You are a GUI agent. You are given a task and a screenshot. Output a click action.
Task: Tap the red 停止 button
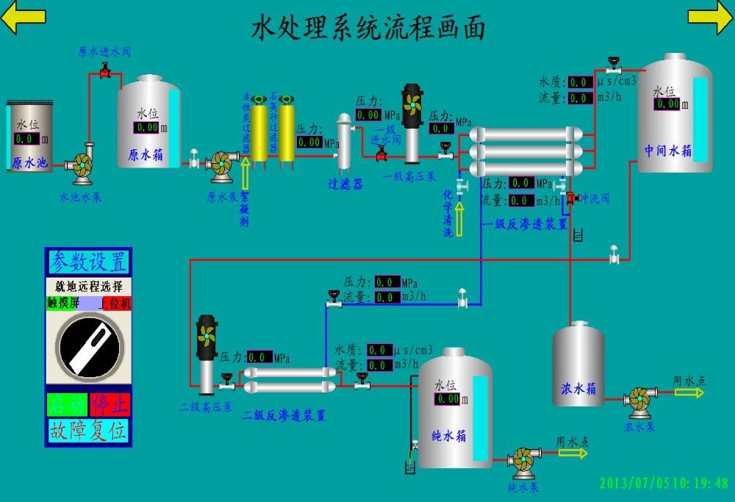pyautogui.click(x=110, y=404)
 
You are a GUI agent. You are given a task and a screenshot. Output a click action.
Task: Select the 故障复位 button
pyautogui.click(x=88, y=430)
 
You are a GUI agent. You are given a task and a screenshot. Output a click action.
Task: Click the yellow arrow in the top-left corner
pyautogui.click(x=24, y=18)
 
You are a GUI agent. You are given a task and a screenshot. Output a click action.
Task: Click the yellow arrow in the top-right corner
pyautogui.click(x=710, y=18)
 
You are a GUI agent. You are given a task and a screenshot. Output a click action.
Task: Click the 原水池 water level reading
pyautogui.click(x=26, y=138)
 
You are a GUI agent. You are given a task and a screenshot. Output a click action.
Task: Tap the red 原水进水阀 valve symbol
pyautogui.click(x=104, y=71)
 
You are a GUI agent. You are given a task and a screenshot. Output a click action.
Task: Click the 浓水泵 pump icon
pyautogui.click(x=637, y=400)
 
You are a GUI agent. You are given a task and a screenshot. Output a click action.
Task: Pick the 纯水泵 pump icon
pyautogui.click(x=523, y=461)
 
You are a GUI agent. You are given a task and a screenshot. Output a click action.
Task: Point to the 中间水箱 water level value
pyautogui.click(x=667, y=104)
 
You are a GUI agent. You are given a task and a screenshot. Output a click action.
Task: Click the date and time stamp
pyautogui.click(x=664, y=484)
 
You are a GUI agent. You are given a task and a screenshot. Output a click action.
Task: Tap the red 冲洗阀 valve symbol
pyautogui.click(x=570, y=198)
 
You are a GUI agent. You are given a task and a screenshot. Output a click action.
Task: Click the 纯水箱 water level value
pyautogui.click(x=447, y=399)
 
